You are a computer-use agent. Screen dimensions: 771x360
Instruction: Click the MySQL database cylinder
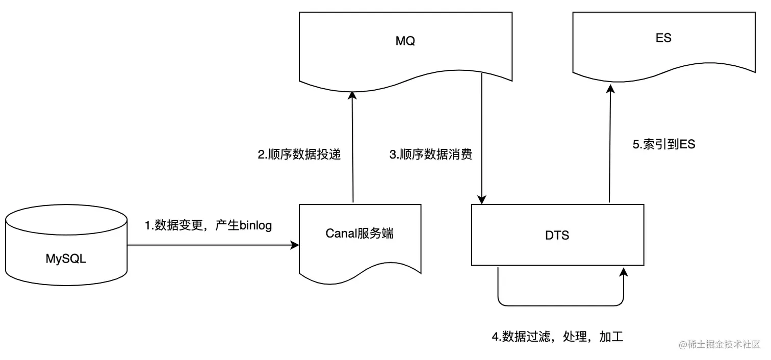click(66, 245)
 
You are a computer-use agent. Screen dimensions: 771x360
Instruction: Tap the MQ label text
click(405, 41)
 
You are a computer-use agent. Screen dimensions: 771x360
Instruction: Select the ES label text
click(663, 38)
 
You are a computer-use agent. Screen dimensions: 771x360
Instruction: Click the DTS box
click(558, 235)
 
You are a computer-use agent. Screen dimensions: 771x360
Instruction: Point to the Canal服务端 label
click(359, 234)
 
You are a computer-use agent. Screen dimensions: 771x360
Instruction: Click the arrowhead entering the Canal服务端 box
click(295, 245)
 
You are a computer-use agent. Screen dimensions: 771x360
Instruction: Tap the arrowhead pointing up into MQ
click(352, 95)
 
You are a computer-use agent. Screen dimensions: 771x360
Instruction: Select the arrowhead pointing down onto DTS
click(481, 199)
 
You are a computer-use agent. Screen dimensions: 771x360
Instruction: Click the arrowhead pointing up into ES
click(610, 89)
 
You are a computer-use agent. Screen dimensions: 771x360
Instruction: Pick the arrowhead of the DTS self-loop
click(623, 272)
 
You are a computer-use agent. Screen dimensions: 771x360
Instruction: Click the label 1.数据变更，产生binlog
click(208, 225)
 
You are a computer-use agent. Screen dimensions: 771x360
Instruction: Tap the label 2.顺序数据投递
click(299, 154)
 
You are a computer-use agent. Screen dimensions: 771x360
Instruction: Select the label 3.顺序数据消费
click(430, 154)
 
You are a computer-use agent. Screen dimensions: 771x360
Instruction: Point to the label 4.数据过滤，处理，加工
click(558, 336)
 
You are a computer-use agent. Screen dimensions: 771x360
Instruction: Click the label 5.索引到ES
click(664, 144)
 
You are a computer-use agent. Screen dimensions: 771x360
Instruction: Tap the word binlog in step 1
click(255, 226)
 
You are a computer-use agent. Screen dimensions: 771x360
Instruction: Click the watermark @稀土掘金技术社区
click(719, 344)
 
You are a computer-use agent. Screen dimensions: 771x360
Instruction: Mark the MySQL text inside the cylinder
click(66, 259)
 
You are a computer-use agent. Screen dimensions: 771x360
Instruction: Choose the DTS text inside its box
click(557, 236)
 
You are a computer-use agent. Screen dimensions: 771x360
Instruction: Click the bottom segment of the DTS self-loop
click(561, 305)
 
